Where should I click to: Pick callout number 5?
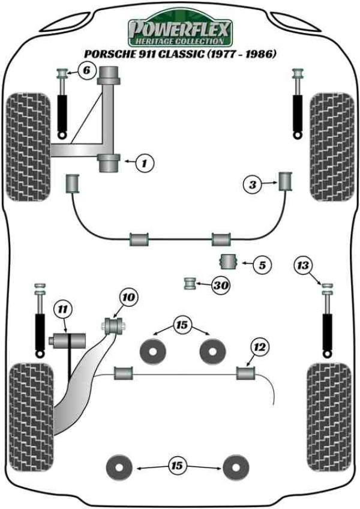(262, 264)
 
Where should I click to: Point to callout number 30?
(221, 286)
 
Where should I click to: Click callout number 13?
(304, 265)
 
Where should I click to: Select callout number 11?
(61, 310)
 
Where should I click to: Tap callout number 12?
(259, 347)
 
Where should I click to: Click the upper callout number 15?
(181, 325)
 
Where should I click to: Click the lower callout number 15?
(177, 465)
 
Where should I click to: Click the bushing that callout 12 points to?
(246, 373)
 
